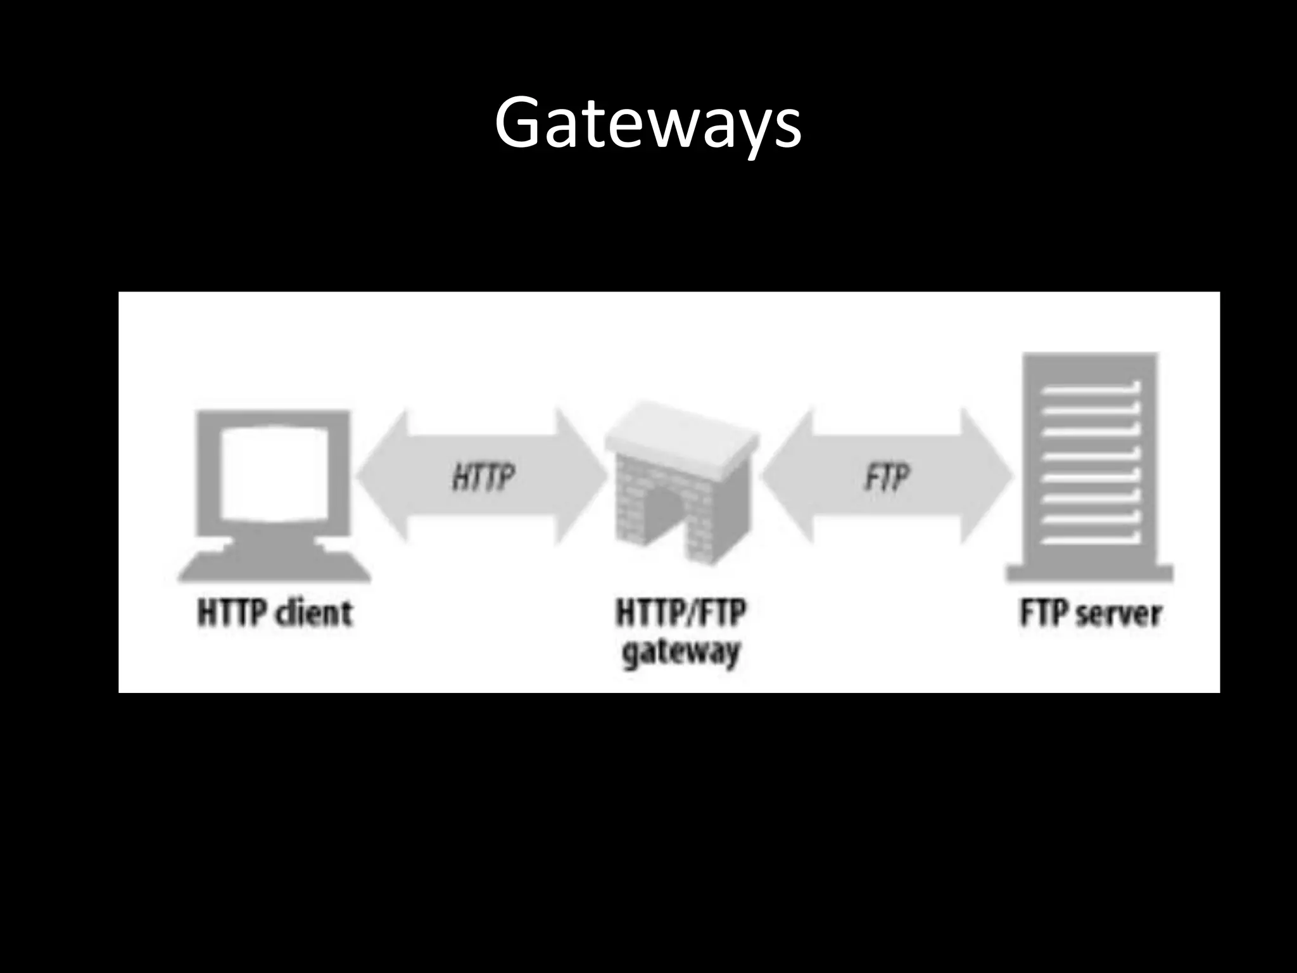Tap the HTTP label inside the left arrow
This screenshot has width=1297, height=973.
[484, 476]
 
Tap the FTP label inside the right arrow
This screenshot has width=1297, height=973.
[887, 476]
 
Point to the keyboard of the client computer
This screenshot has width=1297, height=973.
[274, 567]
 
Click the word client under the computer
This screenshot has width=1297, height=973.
[315, 613]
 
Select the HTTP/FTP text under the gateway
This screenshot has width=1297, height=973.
[681, 613]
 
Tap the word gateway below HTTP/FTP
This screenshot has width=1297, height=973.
[681, 652]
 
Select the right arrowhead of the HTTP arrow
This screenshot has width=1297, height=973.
[579, 476]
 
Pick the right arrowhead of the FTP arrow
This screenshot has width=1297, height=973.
[985, 476]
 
